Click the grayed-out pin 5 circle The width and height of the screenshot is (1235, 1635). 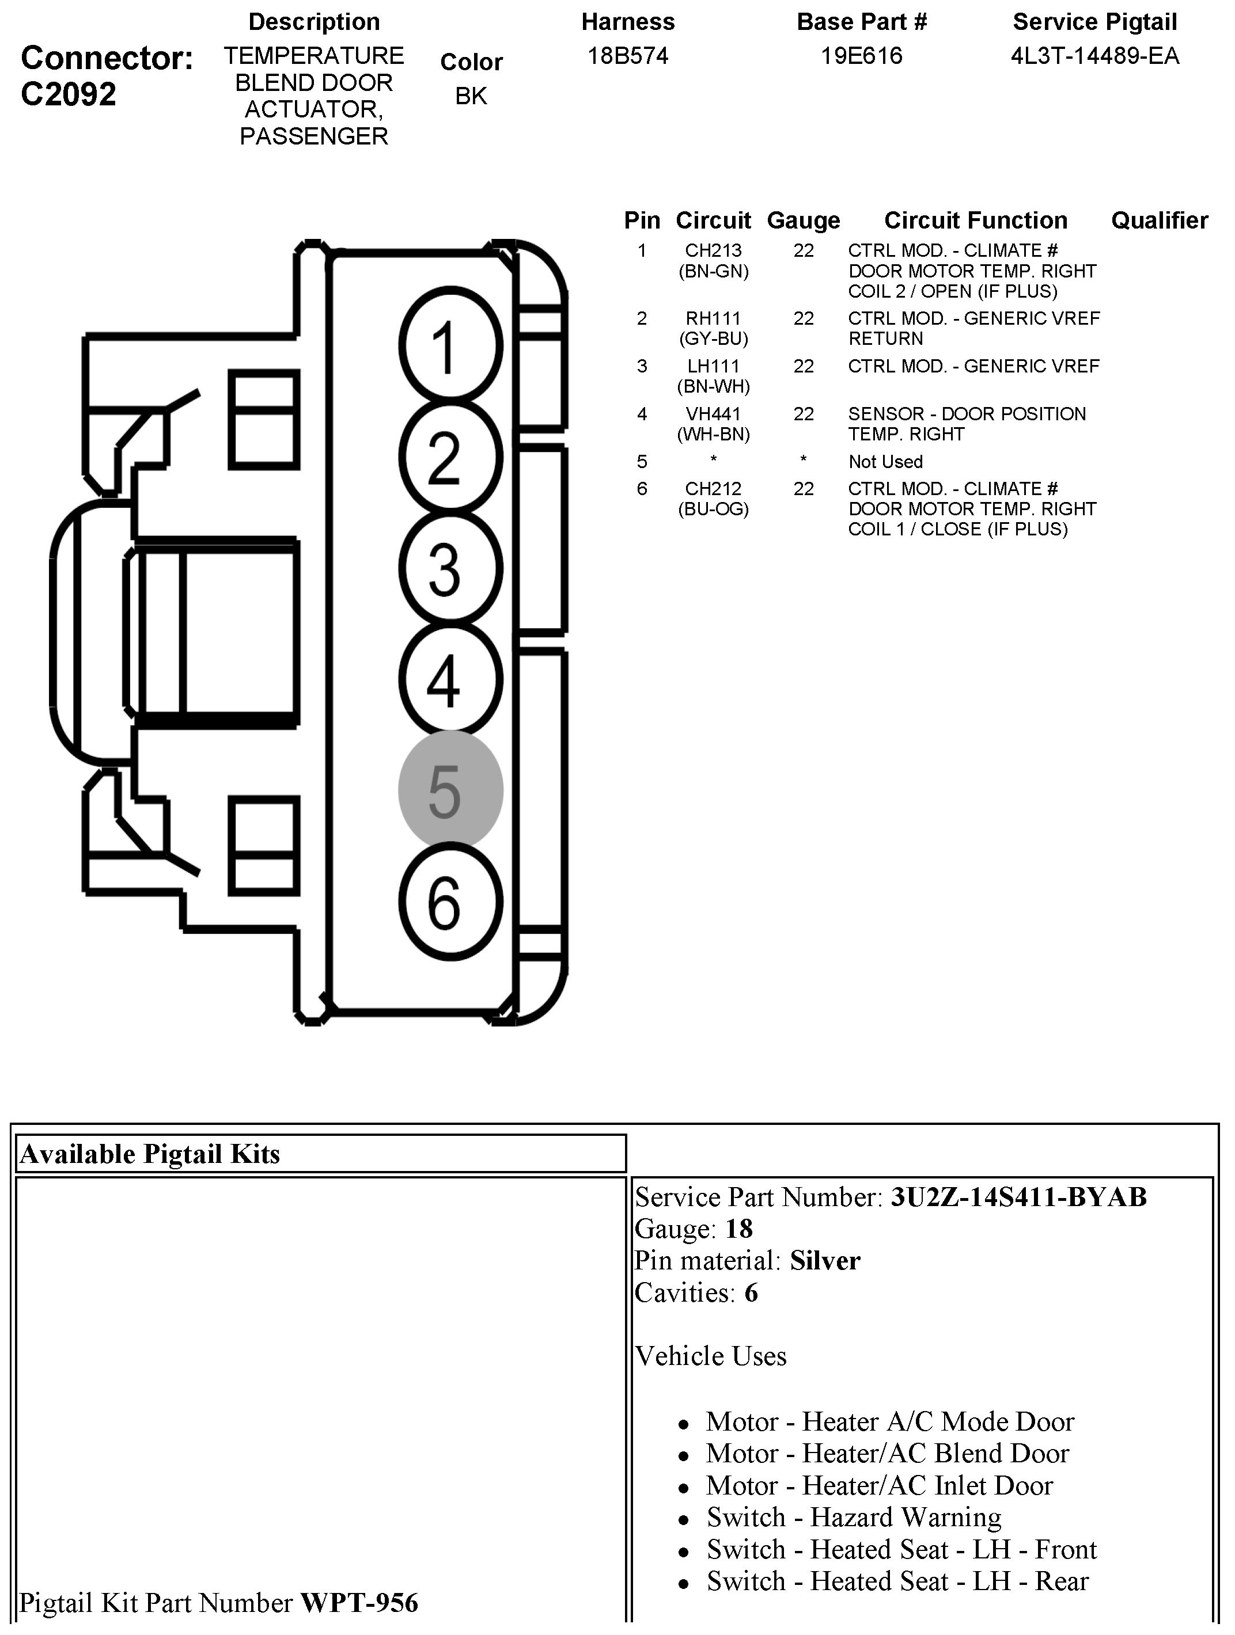pyautogui.click(x=450, y=789)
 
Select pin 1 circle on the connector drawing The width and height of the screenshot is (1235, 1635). pyautogui.click(x=450, y=346)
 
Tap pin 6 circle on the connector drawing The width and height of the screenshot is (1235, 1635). pyautogui.click(x=450, y=902)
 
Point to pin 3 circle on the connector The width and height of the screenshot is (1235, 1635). pyautogui.click(x=450, y=568)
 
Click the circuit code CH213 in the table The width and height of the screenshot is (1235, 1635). pyautogui.click(x=713, y=250)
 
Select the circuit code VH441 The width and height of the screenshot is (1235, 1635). pyautogui.click(x=713, y=414)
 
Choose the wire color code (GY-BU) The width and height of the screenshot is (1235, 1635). pyautogui.click(x=713, y=339)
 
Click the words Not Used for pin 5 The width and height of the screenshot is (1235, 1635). pyautogui.click(x=885, y=462)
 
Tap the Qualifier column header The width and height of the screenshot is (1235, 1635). pyautogui.click(x=1159, y=220)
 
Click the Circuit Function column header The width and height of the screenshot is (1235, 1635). pyautogui.click(x=975, y=220)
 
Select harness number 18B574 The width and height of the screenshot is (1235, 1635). pyautogui.click(x=628, y=56)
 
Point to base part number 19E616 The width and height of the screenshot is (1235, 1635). pyautogui.click(x=862, y=56)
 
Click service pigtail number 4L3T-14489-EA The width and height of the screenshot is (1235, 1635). pyautogui.click(x=1094, y=56)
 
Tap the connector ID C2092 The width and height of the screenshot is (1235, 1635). pyautogui.click(x=69, y=94)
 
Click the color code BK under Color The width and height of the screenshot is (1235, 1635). pyautogui.click(x=471, y=96)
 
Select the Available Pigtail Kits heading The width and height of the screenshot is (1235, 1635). pyautogui.click(x=150, y=1154)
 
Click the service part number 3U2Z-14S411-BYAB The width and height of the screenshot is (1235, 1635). pyautogui.click(x=1018, y=1197)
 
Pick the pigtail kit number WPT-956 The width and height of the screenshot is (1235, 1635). pyautogui.click(x=359, y=1603)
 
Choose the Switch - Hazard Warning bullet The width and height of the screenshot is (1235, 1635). pyautogui.click(x=854, y=1518)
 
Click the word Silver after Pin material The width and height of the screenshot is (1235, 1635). pyautogui.click(x=824, y=1260)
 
